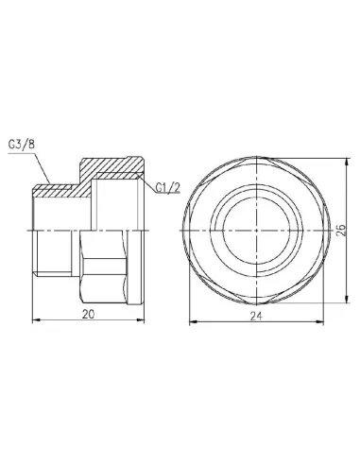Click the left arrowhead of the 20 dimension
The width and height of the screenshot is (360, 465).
click(x=36, y=319)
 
